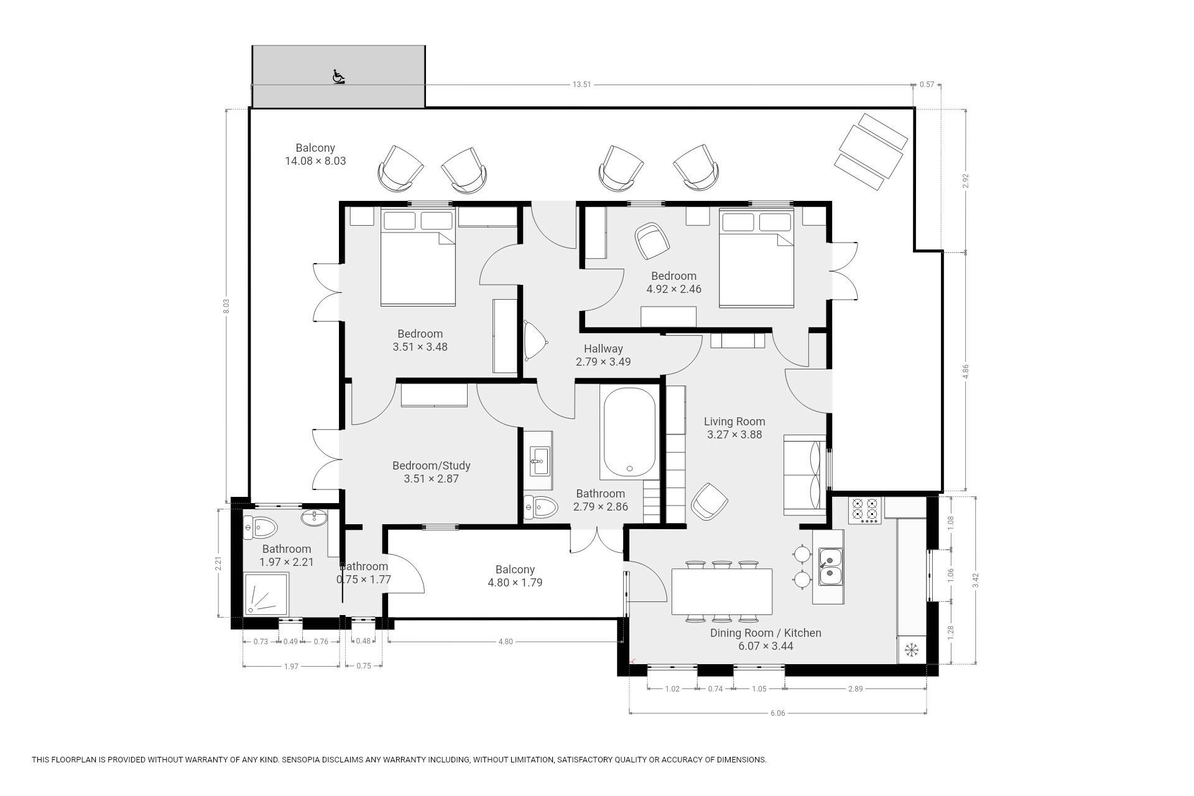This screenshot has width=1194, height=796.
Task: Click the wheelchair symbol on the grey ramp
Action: point(338,76)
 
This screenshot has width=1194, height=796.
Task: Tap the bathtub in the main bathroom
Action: point(629,432)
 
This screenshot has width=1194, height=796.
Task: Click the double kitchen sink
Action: point(830,567)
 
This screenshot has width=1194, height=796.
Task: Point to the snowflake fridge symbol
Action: point(912,650)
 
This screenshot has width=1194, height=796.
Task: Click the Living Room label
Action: point(734,422)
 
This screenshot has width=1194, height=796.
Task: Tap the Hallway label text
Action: point(603,349)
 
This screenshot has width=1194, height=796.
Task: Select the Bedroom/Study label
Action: point(432,466)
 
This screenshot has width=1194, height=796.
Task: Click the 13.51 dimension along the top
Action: point(582,85)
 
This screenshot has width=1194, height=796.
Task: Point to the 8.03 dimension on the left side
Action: point(226,307)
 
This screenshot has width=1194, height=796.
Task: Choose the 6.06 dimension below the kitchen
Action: point(778,713)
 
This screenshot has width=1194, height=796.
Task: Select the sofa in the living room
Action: point(805,474)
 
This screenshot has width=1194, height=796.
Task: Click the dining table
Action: point(722,591)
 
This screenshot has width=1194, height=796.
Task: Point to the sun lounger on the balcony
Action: point(871,151)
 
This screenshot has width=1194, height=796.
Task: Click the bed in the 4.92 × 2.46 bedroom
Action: point(757,257)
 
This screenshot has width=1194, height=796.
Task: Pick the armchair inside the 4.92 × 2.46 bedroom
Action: point(652,241)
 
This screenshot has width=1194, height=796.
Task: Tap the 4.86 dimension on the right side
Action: point(965,371)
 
